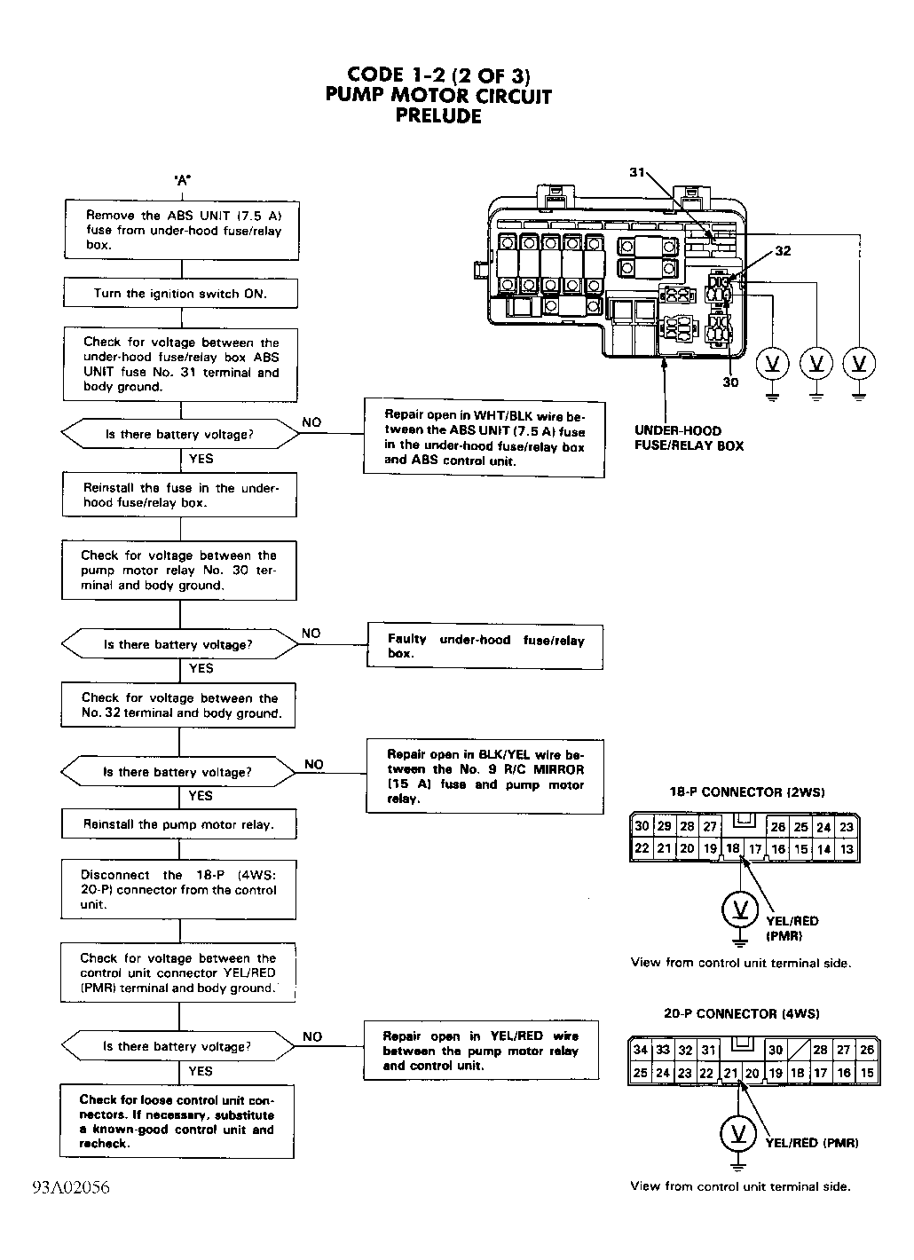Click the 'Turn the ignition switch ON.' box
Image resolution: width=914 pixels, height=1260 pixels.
180,293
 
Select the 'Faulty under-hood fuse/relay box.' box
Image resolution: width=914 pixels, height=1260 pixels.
485,646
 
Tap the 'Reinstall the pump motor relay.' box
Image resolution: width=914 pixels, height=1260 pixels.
179,824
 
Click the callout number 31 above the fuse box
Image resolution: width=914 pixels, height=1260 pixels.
637,172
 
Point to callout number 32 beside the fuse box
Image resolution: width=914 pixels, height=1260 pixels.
783,251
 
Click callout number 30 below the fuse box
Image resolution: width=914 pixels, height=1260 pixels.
730,382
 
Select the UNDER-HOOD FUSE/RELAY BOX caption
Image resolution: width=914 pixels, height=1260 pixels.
689,438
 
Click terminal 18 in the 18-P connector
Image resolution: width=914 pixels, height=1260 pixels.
732,847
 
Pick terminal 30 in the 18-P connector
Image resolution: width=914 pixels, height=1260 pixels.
642,826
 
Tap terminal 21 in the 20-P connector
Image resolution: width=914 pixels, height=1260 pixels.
730,1073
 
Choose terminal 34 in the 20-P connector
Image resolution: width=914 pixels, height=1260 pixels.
640,1050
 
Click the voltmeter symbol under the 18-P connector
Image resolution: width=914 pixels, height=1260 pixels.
740,909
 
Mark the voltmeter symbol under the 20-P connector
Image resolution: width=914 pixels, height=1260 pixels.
738,1133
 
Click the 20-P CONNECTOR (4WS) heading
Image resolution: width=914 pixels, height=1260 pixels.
741,1013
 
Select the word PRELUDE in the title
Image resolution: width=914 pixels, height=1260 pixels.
438,116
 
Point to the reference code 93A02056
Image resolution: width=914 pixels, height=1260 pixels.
71,1187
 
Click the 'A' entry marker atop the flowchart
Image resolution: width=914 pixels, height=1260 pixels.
182,180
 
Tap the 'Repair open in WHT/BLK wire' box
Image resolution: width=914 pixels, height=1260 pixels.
484,437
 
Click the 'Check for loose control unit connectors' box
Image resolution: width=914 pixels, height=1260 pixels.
177,1121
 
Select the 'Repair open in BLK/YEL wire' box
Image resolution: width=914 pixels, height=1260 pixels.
485,776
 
